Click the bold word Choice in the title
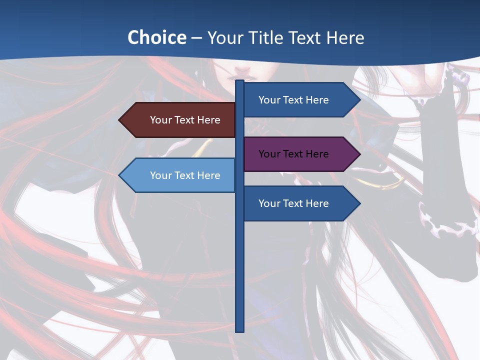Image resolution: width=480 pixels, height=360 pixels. click(156, 37)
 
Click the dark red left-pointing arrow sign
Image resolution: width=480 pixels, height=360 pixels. click(177, 120)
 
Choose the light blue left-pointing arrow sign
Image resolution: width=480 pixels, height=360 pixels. click(177, 175)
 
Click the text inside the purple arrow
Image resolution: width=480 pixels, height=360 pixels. click(293, 154)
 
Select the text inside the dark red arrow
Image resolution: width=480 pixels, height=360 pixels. click(185, 120)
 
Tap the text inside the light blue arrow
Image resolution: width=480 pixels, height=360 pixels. click(185, 175)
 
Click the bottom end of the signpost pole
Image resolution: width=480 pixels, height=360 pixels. click(240, 330)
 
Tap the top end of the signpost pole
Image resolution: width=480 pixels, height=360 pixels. click(240, 81)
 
